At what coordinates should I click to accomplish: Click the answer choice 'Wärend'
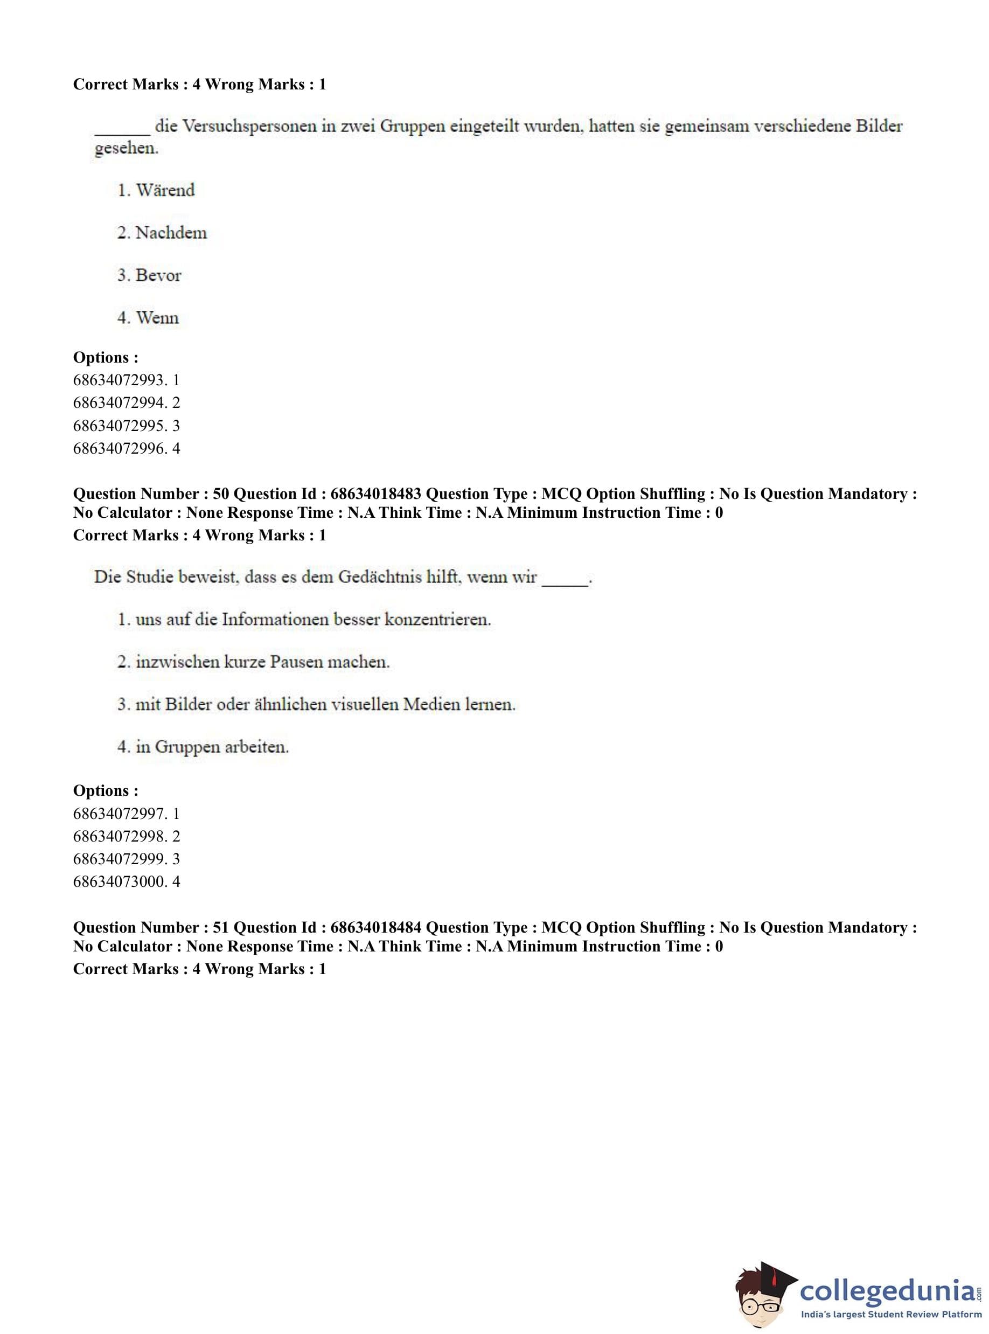[x=165, y=190]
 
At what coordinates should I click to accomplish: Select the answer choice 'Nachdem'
[x=171, y=233]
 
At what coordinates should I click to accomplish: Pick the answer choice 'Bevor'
[x=158, y=275]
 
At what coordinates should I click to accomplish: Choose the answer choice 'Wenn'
[x=157, y=318]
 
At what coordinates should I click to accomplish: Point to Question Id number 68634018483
[x=376, y=494]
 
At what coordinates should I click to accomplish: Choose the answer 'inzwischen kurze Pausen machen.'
[x=262, y=662]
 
